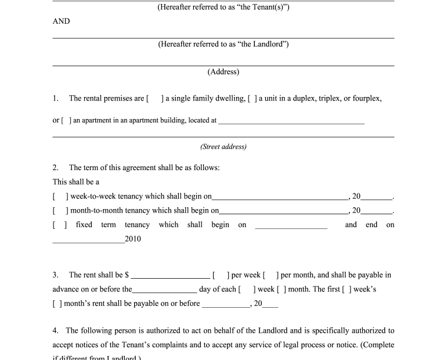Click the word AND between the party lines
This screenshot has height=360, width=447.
pyautogui.click(x=61, y=21)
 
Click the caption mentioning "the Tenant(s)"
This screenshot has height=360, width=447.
pyautogui.click(x=223, y=7)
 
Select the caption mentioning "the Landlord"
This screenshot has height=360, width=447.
pyautogui.click(x=223, y=44)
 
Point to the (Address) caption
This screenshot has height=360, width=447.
pyautogui.click(x=223, y=72)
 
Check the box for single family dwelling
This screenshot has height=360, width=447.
pyautogui.click(x=155, y=99)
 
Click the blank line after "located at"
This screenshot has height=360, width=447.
pyautogui.click(x=291, y=121)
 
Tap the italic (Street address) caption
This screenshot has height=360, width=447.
pyautogui.click(x=223, y=147)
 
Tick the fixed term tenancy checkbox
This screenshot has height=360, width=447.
pyautogui.click(x=60, y=225)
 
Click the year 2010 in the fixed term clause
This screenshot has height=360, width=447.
pyautogui.click(x=133, y=239)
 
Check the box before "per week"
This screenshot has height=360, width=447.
pyautogui.click(x=222, y=275)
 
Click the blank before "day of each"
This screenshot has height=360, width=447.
pyautogui.click(x=164, y=289)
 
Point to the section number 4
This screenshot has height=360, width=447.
pyautogui.click(x=55, y=331)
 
